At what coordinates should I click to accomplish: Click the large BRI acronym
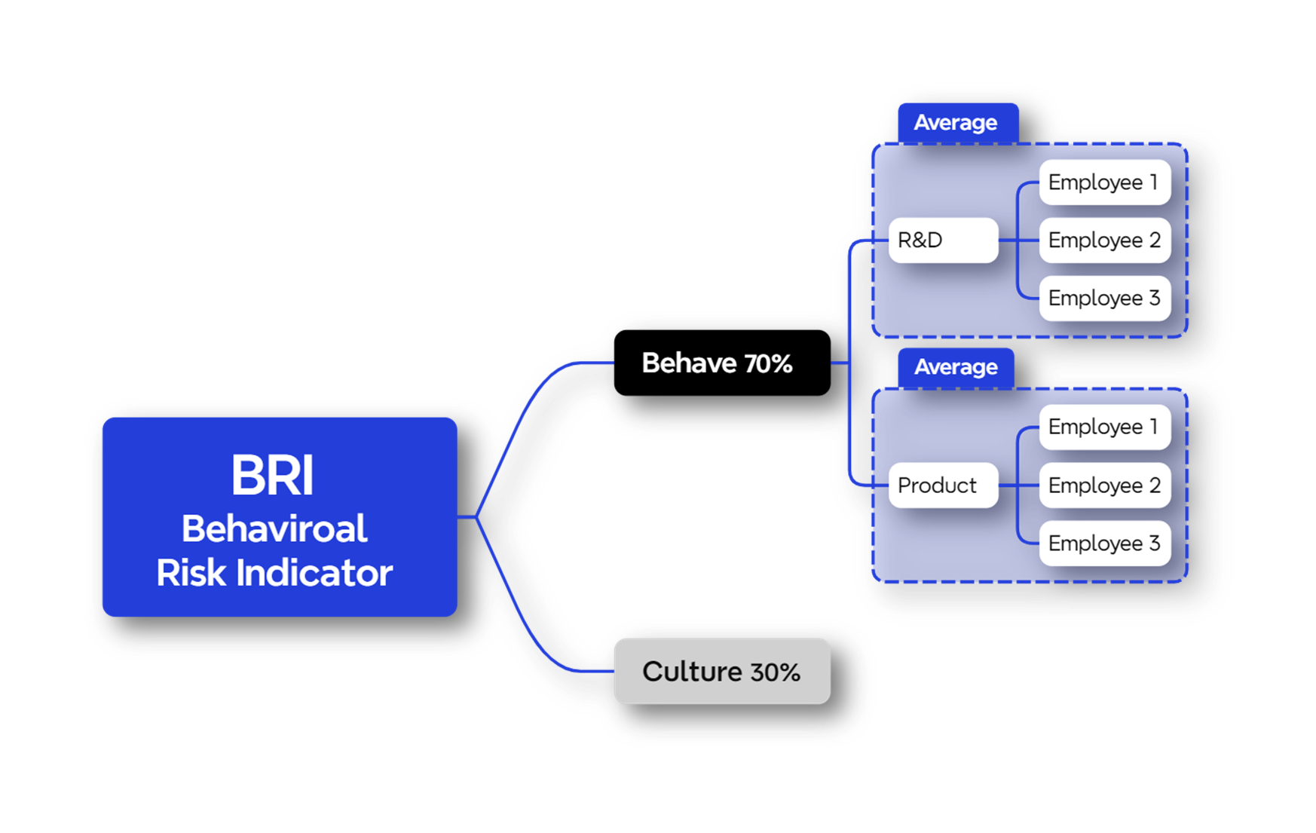(x=272, y=476)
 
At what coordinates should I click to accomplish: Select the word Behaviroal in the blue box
(x=274, y=528)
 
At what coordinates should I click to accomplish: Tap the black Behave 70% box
(x=721, y=363)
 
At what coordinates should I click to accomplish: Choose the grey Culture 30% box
(x=721, y=671)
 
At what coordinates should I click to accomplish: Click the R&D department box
(x=943, y=240)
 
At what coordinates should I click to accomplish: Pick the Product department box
(x=943, y=485)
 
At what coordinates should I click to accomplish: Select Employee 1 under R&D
(x=1104, y=182)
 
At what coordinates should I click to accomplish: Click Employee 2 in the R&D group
(x=1104, y=240)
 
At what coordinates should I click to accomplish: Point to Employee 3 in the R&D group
(x=1104, y=299)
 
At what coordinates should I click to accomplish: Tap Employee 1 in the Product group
(x=1104, y=427)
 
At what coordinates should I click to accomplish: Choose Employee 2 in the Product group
(x=1104, y=485)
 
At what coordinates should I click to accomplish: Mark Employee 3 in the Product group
(x=1104, y=543)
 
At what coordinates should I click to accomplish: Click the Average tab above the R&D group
(x=956, y=122)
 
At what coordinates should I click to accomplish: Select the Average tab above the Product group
(x=956, y=367)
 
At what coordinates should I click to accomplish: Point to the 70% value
(x=768, y=364)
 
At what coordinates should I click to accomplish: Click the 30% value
(x=775, y=672)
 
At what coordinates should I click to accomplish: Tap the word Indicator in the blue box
(x=314, y=573)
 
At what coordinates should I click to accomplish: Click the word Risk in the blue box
(x=191, y=573)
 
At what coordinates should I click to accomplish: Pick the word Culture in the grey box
(x=692, y=671)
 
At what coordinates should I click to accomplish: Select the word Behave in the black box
(x=689, y=363)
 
